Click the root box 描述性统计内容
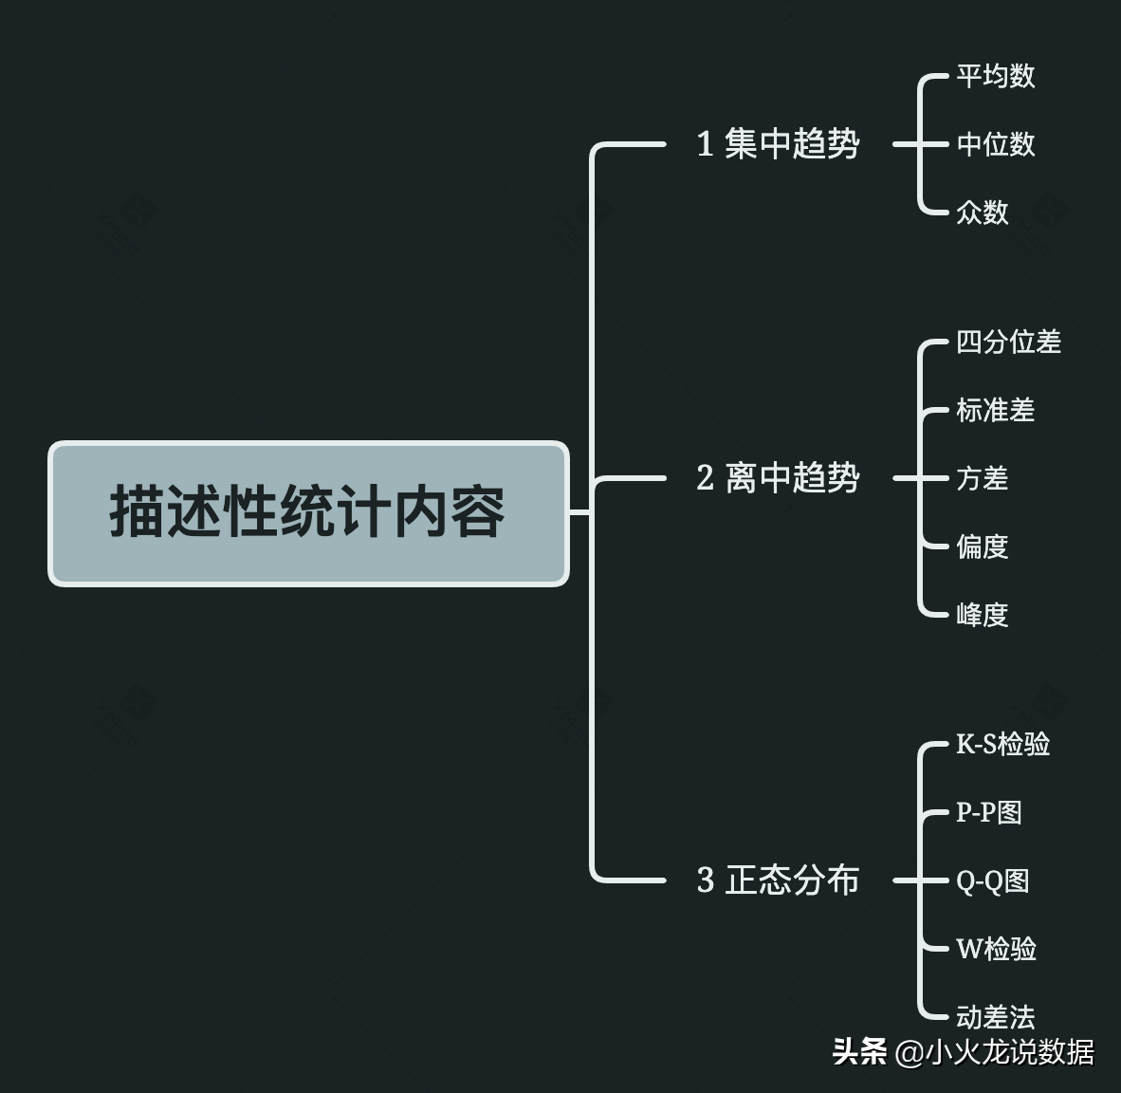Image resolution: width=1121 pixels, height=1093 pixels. pos(308,513)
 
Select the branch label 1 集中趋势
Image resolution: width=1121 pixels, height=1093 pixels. pos(779,144)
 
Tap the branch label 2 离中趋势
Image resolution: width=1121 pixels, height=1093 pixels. pos(779,477)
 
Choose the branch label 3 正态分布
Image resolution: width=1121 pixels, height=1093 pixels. pos(779,880)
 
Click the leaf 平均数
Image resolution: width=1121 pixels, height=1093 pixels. pos(995,76)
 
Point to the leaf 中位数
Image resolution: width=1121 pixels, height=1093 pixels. pos(995,144)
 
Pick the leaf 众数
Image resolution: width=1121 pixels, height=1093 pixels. pos(982,213)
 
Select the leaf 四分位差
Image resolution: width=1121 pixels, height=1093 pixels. pos(1008,342)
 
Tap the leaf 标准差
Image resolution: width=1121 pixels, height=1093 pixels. pos(995,410)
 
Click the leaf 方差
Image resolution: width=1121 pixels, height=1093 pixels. pos(982,478)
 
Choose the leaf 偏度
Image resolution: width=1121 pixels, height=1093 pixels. pos(982,546)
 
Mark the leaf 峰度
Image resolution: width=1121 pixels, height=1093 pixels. pos(982,615)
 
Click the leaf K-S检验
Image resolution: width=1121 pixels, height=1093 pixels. pos(1002,744)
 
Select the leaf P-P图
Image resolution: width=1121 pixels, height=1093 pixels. pos(988,812)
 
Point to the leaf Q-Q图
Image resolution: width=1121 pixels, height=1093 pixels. pos(992,880)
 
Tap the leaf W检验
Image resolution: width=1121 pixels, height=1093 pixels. pos(996,949)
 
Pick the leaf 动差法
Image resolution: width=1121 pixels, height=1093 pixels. pos(995,1017)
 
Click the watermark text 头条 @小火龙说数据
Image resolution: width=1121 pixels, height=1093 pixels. pos(964,1052)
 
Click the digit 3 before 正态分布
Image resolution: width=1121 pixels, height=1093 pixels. pos(705,880)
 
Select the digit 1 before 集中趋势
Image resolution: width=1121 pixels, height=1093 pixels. pos(705,144)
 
